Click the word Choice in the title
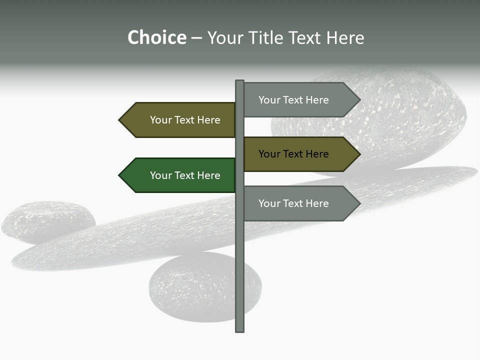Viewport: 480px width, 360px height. (156, 38)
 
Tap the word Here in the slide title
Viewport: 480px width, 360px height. (345, 38)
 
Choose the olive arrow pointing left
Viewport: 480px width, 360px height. (180, 120)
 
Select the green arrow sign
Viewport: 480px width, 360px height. (180, 175)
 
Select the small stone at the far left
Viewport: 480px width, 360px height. (47, 221)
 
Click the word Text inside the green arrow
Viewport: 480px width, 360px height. (185, 175)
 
